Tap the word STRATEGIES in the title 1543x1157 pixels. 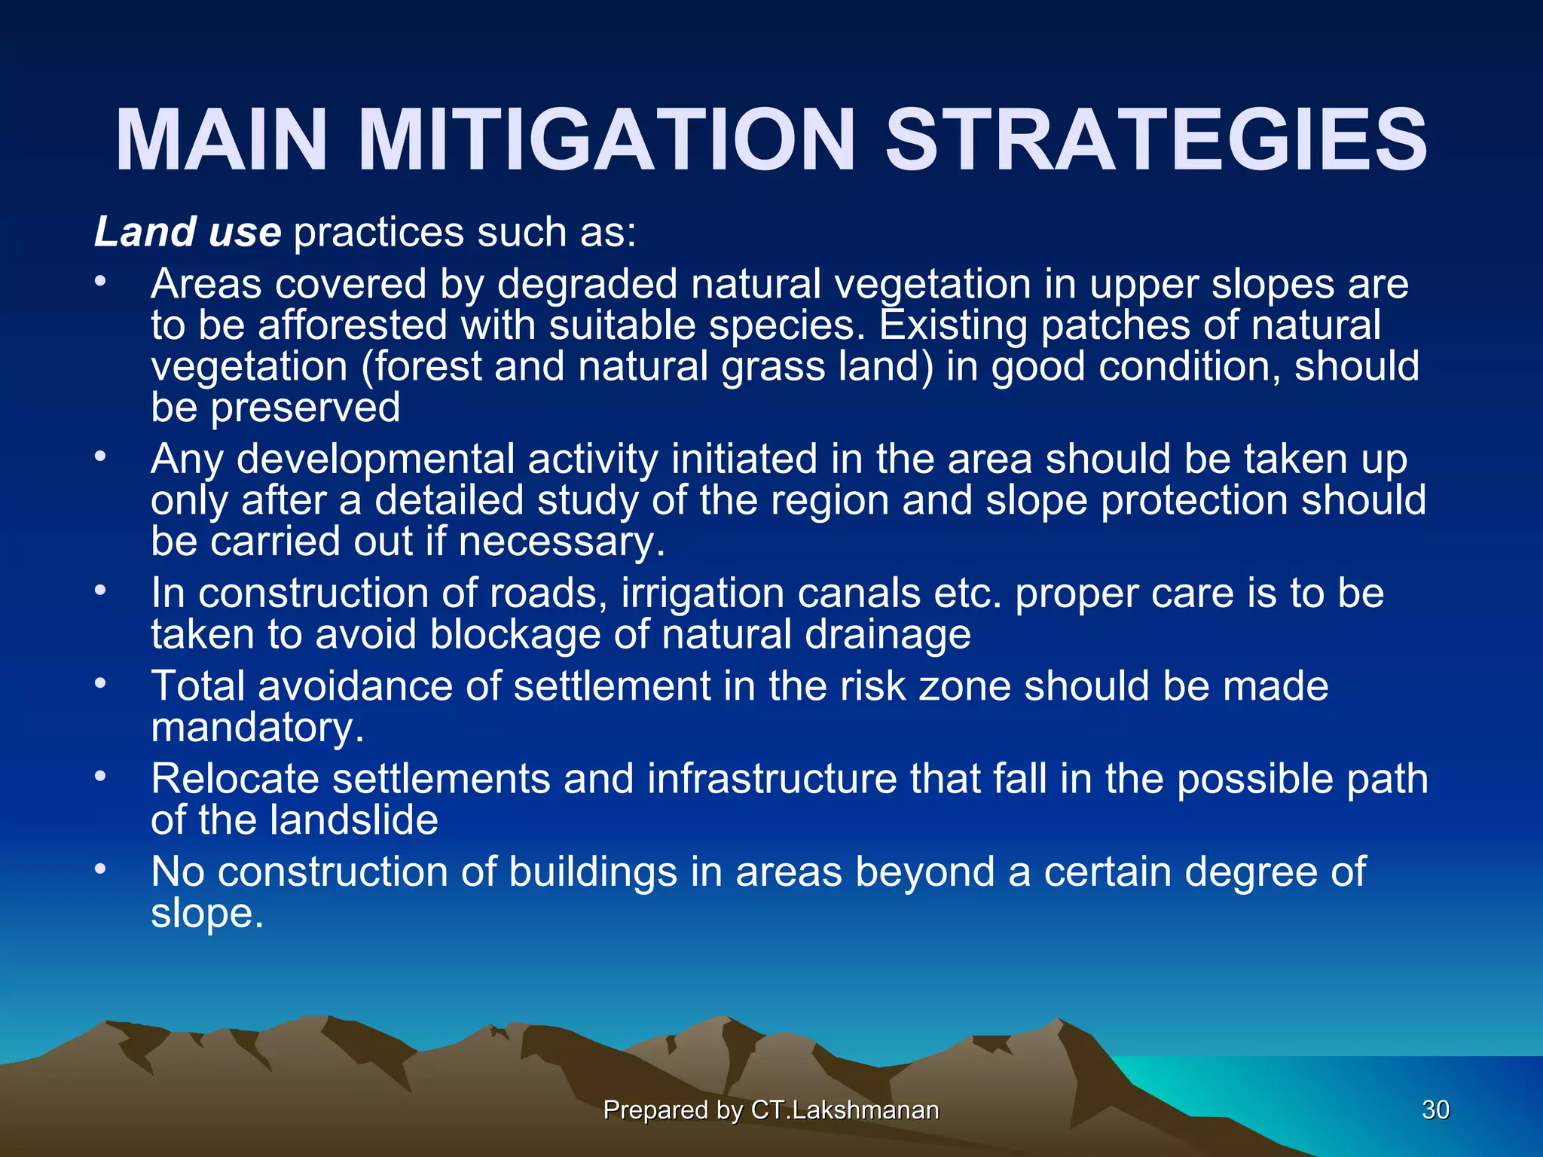click(x=1156, y=141)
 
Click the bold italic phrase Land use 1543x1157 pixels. click(x=188, y=231)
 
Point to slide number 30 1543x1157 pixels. click(x=1435, y=1110)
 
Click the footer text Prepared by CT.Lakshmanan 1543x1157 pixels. click(x=771, y=1110)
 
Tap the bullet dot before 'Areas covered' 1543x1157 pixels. click(x=101, y=282)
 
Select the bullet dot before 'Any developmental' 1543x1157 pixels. click(x=101, y=456)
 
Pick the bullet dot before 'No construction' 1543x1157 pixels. click(x=101, y=869)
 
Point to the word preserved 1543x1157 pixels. click(x=304, y=408)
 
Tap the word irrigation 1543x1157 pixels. click(x=702, y=593)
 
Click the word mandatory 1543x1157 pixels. click(x=256, y=728)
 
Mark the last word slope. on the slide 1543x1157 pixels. click(x=207, y=913)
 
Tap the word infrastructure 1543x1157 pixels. click(x=771, y=778)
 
